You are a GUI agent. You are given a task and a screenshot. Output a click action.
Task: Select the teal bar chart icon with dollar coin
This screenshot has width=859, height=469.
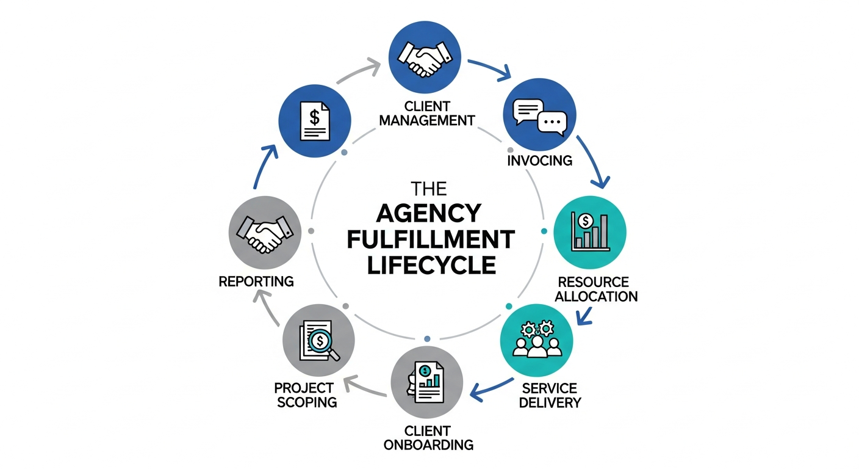coord(589,232)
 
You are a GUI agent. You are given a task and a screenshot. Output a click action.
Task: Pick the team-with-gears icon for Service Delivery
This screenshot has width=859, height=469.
coord(537,340)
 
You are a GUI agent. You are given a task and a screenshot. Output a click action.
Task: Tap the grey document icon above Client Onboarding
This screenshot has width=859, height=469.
coord(426,382)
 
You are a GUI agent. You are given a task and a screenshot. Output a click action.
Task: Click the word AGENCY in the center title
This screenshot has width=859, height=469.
coord(429,213)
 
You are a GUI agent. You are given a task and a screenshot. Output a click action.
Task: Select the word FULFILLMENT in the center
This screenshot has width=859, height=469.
coord(429,239)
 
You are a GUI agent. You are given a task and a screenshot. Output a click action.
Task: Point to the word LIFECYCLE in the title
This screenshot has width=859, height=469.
coord(429,266)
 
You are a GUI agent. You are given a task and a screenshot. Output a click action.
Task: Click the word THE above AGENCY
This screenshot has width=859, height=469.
coord(429,186)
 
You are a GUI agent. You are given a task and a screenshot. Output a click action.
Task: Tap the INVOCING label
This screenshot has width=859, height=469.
coord(539,161)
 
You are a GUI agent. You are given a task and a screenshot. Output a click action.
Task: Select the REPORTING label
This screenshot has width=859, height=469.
coord(256,282)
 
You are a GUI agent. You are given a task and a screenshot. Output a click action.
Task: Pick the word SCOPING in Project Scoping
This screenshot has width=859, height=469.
coord(304,402)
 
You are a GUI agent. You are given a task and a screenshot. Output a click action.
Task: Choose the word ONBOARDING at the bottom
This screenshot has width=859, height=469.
coord(428,445)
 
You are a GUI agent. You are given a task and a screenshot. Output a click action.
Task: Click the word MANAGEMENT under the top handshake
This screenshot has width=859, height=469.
coord(426,120)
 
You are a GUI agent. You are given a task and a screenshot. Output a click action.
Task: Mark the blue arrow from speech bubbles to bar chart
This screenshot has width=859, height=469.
coord(593,162)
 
